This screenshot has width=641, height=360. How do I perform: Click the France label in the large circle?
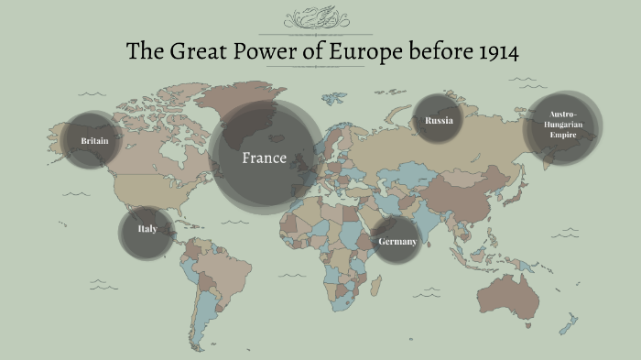pyautogui.click(x=264, y=158)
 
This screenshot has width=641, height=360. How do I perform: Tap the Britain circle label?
pyautogui.click(x=94, y=141)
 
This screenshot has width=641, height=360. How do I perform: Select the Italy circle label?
pyautogui.click(x=147, y=228)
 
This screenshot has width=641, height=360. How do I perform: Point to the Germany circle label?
pyautogui.click(x=397, y=242)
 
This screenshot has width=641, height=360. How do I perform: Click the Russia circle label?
pyautogui.click(x=439, y=119)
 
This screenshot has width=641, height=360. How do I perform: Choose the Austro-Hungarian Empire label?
pyautogui.click(x=562, y=126)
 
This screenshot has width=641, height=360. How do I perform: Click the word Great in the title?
pyautogui.click(x=194, y=52)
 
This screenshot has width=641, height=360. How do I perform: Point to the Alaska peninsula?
pyautogui.click(x=69, y=137)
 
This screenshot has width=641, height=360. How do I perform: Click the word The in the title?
pyautogui.click(x=143, y=52)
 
